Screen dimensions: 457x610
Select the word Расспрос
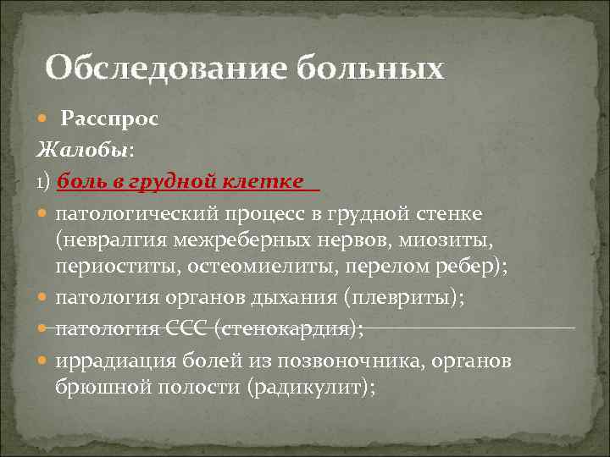pos(108,119)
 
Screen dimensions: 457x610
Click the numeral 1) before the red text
pos(44,182)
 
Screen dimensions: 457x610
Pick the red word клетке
pos(263,181)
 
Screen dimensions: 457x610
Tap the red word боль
pos(80,181)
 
